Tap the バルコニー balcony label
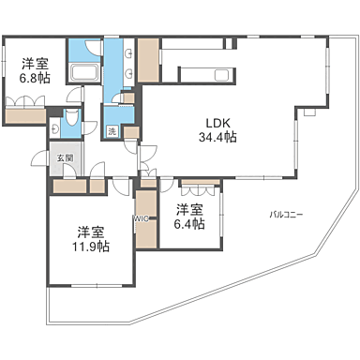[x=285, y=215]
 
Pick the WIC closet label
[x=142, y=219]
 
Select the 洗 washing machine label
[x=112, y=132]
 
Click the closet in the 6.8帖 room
[x=25, y=118]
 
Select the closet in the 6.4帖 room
[x=200, y=184]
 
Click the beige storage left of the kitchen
[x=147, y=61]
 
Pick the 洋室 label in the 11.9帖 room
[x=90, y=231]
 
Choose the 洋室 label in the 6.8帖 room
[x=36, y=65]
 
